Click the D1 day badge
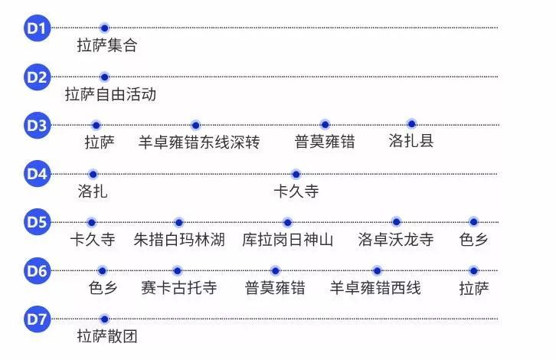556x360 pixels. (x=37, y=28)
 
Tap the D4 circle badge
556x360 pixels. (x=37, y=174)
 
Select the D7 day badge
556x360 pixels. (x=37, y=319)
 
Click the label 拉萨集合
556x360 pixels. (x=107, y=45)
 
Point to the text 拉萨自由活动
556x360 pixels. (x=110, y=94)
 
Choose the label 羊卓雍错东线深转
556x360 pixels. (x=199, y=142)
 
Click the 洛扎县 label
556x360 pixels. (x=411, y=141)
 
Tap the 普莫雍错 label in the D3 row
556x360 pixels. (x=325, y=142)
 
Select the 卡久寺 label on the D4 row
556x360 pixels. (x=296, y=191)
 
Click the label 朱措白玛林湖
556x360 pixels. (x=179, y=240)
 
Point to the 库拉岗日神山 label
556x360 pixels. (x=288, y=240)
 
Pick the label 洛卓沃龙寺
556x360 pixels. (x=396, y=240)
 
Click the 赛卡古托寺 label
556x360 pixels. (x=178, y=287)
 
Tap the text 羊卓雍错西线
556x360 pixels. (x=375, y=288)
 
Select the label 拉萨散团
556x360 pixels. (x=107, y=336)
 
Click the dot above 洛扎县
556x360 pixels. (x=411, y=124)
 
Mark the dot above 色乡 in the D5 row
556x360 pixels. (x=473, y=222)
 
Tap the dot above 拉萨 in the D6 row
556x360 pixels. (x=473, y=271)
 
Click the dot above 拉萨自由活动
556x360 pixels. (x=104, y=77)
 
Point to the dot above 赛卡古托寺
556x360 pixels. (x=177, y=271)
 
